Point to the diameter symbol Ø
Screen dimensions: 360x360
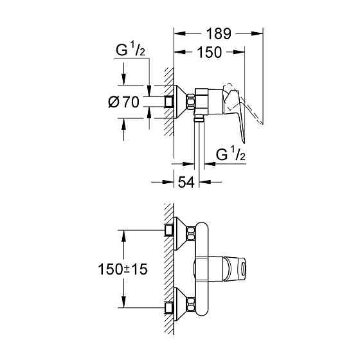click(112, 101)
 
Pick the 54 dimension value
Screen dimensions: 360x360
click(186, 183)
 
